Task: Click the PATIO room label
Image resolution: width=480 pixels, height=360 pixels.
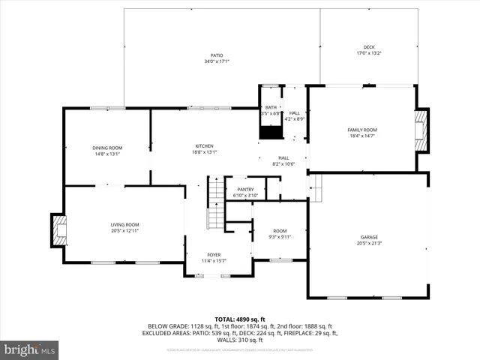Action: point(217,55)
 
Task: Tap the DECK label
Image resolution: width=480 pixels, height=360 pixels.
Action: point(369,47)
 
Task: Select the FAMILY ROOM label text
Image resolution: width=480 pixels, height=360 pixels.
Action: point(361,130)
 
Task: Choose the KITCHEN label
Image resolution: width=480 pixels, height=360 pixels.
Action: point(205,145)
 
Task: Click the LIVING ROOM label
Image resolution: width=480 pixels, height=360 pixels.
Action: point(125,225)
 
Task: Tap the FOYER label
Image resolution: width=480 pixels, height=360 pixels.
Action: point(214,255)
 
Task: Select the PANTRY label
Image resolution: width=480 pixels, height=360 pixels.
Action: point(245,189)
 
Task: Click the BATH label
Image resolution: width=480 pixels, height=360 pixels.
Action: point(270,108)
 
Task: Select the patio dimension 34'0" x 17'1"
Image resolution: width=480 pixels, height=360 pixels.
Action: point(217,61)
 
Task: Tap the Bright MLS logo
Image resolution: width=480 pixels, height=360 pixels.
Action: point(30,349)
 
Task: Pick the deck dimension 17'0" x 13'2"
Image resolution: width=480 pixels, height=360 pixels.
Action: point(369,53)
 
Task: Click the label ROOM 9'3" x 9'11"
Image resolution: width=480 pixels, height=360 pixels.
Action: point(280,234)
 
